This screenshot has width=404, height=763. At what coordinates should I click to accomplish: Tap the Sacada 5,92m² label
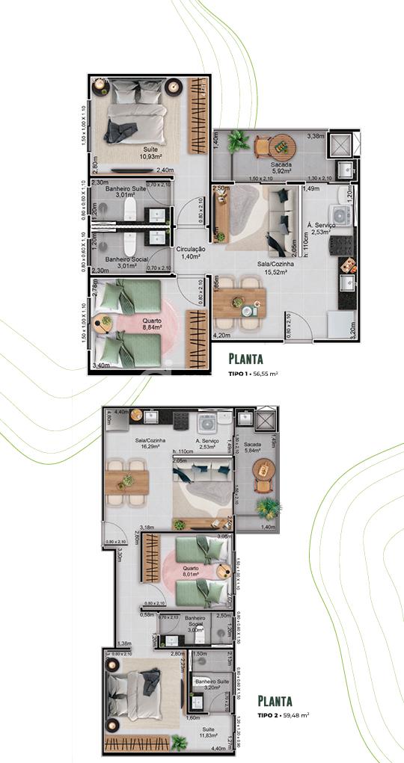tap(281, 168)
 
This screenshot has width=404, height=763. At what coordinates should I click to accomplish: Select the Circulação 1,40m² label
tap(192, 253)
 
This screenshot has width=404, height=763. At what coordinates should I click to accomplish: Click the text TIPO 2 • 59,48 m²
tap(284, 714)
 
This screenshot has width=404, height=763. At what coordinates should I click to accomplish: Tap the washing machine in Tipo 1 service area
tap(341, 214)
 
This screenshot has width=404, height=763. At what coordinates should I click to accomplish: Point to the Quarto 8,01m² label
tap(191, 571)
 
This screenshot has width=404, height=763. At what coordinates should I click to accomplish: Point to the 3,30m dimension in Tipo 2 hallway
tap(119, 557)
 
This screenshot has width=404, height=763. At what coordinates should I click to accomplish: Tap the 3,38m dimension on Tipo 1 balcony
tap(316, 136)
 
